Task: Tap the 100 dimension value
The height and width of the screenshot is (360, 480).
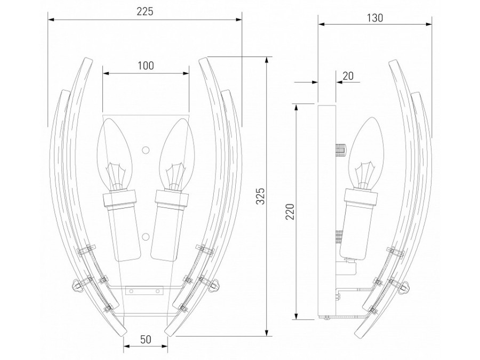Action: pyautogui.click(x=145, y=66)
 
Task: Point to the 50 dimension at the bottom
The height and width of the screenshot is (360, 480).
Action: pyautogui.click(x=146, y=339)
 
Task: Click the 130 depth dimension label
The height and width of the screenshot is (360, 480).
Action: pyautogui.click(x=375, y=17)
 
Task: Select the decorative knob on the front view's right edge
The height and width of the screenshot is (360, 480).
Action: pyautogui.click(x=215, y=287)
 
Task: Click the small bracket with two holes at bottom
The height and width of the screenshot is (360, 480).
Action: pyautogui.click(x=145, y=291)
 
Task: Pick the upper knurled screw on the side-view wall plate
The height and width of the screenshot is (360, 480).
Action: pyautogui.click(x=340, y=149)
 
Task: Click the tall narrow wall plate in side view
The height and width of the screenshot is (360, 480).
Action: pyautogui.click(x=326, y=211)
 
